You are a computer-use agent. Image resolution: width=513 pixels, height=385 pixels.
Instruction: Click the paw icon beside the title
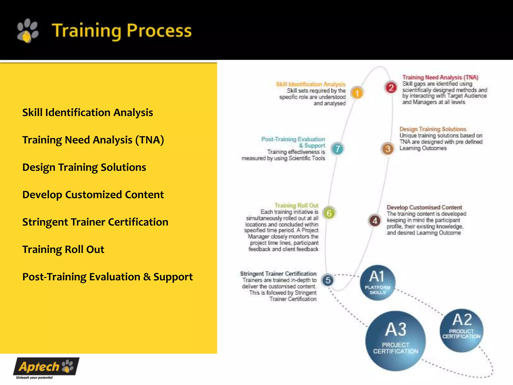28,31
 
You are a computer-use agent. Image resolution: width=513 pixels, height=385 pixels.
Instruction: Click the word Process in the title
159,31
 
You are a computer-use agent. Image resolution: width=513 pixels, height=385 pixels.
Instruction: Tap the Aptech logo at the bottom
46,367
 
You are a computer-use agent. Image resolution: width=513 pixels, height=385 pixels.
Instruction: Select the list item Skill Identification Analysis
87,113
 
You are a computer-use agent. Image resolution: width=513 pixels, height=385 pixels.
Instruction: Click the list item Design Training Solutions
84,167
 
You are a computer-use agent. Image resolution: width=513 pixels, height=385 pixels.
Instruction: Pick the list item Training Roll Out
63,249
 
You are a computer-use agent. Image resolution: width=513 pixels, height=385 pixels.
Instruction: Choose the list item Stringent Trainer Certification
95,222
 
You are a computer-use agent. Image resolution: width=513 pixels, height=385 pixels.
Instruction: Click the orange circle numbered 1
357,93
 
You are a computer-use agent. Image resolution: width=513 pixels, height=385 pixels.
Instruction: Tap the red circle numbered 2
391,88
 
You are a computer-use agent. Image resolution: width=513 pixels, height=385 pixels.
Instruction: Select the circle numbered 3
388,149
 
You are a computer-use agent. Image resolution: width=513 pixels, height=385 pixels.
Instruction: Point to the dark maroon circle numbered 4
375,221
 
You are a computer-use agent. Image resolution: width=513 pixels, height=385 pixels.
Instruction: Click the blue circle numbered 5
328,280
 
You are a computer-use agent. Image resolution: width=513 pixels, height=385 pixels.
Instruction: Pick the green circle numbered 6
329,213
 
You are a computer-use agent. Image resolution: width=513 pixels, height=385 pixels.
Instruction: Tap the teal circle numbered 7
338,149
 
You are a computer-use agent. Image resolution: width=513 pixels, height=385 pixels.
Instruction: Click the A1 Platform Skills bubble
377,283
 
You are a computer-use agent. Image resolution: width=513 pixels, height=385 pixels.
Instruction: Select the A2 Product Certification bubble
461,330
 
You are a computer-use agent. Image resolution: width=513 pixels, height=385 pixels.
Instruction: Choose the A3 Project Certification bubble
396,341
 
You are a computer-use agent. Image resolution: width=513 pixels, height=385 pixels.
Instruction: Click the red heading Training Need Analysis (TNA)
440,77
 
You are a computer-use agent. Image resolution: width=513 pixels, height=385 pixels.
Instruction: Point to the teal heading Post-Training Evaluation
293,139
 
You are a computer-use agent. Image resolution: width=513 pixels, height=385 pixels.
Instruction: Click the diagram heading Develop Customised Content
424,207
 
